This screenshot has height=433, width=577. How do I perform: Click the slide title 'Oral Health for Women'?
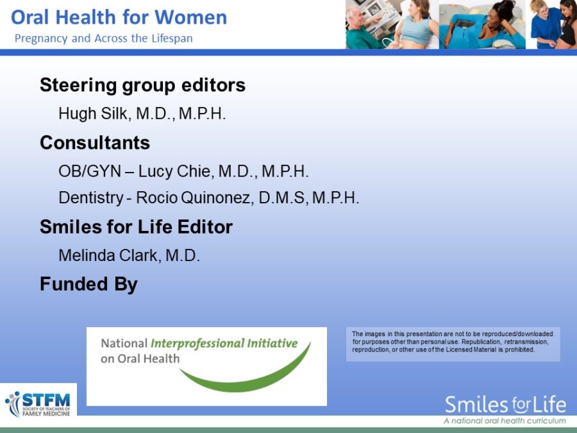coord(119,17)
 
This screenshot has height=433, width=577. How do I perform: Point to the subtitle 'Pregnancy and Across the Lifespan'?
coord(104,38)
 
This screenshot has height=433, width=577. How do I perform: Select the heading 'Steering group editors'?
coord(142,85)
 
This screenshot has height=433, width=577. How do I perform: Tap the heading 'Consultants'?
coord(95,142)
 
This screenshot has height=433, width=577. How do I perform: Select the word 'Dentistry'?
coord(90,198)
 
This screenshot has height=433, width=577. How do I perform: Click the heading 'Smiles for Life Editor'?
coord(136,227)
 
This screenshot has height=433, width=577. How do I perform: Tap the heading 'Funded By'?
coord(88,284)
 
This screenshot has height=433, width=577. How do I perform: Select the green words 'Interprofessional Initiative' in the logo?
coord(224,343)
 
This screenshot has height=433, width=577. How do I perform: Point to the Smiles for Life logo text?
coord(505,405)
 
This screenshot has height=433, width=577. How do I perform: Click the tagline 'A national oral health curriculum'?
coord(505,421)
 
